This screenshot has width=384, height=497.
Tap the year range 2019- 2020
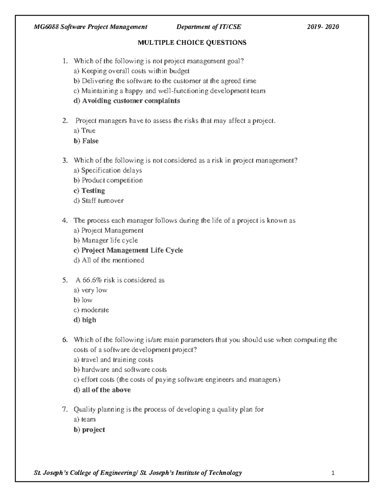(323, 27)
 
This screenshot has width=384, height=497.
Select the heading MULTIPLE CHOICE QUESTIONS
(192, 43)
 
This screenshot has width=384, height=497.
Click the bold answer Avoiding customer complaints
(131, 101)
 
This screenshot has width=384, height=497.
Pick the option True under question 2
(88, 131)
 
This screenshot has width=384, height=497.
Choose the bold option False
(90, 141)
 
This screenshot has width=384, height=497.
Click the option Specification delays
(111, 170)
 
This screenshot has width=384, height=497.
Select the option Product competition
(112, 180)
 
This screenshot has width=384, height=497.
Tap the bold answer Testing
(93, 190)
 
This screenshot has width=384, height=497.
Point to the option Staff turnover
(102, 201)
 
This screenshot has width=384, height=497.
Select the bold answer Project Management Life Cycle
(132, 250)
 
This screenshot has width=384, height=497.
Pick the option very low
(94, 290)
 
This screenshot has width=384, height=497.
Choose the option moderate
(95, 310)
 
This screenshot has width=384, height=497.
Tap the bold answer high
(89, 320)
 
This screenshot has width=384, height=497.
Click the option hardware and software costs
(124, 370)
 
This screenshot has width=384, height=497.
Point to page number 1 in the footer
(333, 473)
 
